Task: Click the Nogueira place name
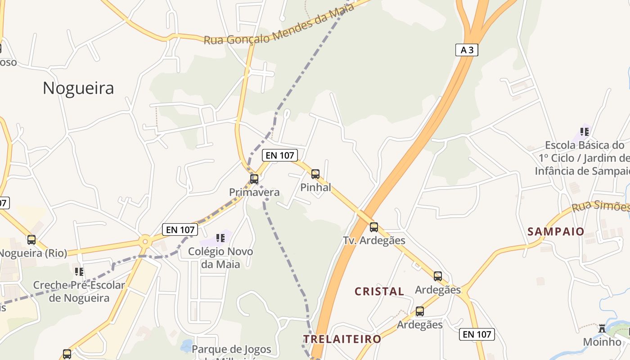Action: coord(78,88)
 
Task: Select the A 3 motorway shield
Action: coord(467,50)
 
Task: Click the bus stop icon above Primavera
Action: coord(254,179)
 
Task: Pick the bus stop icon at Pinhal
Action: coord(315,174)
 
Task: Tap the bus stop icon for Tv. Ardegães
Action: coord(374,227)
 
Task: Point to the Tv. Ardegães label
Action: coord(374,240)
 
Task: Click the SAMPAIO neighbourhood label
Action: coord(556,232)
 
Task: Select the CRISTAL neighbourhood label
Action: coord(379,291)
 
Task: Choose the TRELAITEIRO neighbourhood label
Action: coord(342,339)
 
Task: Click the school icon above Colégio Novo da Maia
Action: coord(220,238)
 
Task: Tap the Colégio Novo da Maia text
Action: coord(220,258)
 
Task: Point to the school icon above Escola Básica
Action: coord(585,132)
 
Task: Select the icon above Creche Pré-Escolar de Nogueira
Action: coord(79,271)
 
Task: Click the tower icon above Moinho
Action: coord(602,328)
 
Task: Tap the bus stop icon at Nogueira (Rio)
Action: coord(31,240)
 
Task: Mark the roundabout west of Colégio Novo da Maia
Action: coord(145,242)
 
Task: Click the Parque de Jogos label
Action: coord(231,349)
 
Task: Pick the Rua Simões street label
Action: coord(601,206)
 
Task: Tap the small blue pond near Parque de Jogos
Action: coord(185,346)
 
